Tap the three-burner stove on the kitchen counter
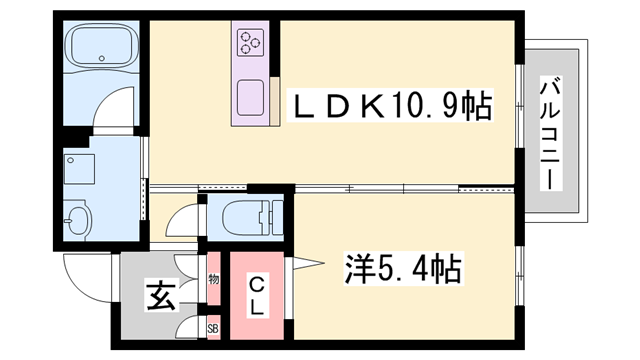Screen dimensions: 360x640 coord(249,42)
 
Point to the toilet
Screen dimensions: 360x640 coord(245,215)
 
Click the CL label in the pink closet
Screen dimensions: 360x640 coord(256,294)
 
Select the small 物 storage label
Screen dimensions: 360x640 coord(213,278)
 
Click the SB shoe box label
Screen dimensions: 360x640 coord(212,327)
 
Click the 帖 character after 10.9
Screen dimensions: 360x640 coord(479,105)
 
